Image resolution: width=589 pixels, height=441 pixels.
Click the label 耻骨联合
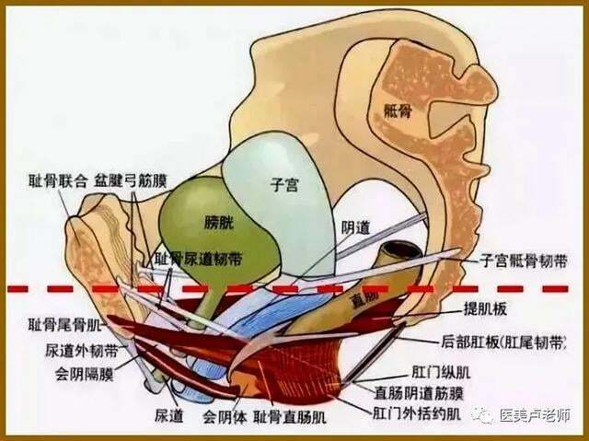pyautogui.click(x=58, y=181)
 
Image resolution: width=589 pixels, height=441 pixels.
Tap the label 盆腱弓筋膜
pyautogui.click(x=131, y=181)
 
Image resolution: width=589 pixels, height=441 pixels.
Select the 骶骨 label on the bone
pyautogui.click(x=398, y=111)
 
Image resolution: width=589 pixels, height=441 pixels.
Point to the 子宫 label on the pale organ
pyautogui.click(x=284, y=185)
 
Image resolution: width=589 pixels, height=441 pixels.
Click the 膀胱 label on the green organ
pyautogui.click(x=219, y=223)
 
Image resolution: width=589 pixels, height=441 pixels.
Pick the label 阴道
pyautogui.click(x=355, y=227)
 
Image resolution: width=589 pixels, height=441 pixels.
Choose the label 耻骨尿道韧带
pyautogui.click(x=199, y=259)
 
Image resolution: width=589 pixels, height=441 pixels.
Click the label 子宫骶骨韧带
pyautogui.click(x=524, y=261)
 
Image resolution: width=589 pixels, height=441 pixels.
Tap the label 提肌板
pyautogui.click(x=485, y=308)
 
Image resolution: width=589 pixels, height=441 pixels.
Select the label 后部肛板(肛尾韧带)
pyautogui.click(x=503, y=342)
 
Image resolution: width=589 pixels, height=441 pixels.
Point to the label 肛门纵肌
pyautogui.click(x=441, y=372)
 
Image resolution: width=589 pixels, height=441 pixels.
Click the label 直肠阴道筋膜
pyautogui.click(x=419, y=393)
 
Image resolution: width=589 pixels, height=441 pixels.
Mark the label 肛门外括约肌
pyautogui.click(x=417, y=413)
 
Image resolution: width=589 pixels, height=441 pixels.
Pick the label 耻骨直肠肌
pyautogui.click(x=290, y=417)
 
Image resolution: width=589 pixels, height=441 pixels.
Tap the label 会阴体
pyautogui.click(x=225, y=417)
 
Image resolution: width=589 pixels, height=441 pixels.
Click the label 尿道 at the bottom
pyautogui.click(x=169, y=415)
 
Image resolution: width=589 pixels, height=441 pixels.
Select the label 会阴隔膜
pyautogui.click(x=85, y=374)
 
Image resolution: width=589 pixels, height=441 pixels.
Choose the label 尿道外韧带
pyautogui.click(x=81, y=350)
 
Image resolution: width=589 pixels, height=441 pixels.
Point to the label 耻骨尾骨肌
pyautogui.click(x=65, y=325)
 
